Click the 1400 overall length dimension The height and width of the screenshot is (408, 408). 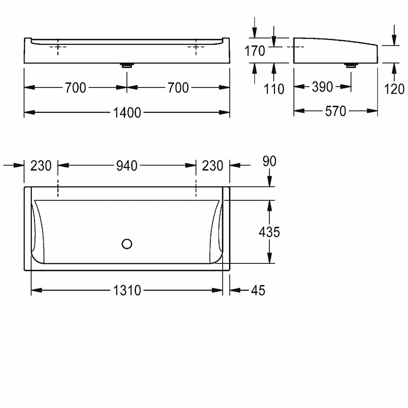click(127, 113)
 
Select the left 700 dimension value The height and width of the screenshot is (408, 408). click(75, 87)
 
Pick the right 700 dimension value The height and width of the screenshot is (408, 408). click(178, 87)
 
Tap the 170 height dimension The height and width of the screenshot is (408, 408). click(255, 51)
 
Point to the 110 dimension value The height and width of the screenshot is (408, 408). click(274, 89)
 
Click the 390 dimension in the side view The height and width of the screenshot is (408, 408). click(322, 87)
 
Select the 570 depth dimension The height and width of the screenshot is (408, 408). click(335, 111)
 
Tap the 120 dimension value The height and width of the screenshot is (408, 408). click(394, 89)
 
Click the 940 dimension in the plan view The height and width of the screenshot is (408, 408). click(127, 166)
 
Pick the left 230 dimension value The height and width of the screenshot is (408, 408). click(41, 166)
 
